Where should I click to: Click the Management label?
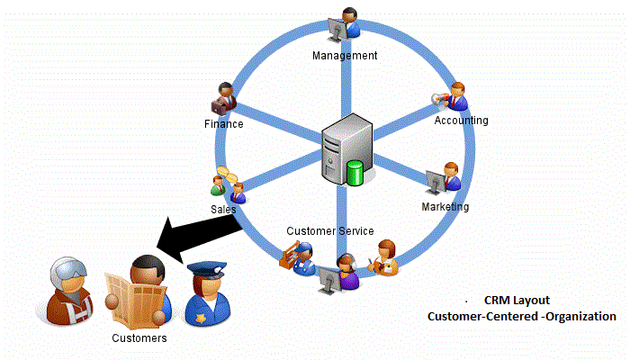[x=345, y=56]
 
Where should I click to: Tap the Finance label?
[x=223, y=124]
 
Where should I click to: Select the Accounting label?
[x=461, y=120]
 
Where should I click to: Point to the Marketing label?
[x=445, y=207]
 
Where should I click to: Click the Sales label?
[x=223, y=208]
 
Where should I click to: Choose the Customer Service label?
[x=330, y=231]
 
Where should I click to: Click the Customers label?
[x=139, y=338]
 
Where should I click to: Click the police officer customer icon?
[x=199, y=295]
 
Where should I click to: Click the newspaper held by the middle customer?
[x=136, y=297]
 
